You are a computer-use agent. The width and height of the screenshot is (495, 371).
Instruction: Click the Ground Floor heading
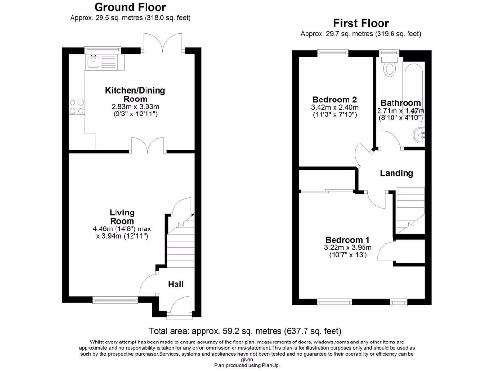[x=130, y=7]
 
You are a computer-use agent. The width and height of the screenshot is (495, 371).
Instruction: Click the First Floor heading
[x=361, y=23]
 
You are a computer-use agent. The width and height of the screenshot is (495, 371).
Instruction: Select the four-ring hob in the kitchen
[x=76, y=106]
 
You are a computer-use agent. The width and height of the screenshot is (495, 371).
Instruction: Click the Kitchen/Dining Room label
[x=135, y=95]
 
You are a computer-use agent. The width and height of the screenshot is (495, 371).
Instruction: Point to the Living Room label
[x=122, y=216]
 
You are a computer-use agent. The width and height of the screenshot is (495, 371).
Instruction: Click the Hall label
[x=175, y=284]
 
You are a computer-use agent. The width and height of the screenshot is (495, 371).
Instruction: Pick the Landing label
[x=396, y=173]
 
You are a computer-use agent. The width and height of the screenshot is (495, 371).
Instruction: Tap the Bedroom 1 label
[x=348, y=240]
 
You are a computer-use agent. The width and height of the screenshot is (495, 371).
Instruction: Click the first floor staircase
[x=410, y=210]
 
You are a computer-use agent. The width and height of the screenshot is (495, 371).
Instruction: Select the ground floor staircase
[x=180, y=242]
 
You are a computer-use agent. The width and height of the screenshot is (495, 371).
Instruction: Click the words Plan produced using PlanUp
[x=247, y=365]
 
